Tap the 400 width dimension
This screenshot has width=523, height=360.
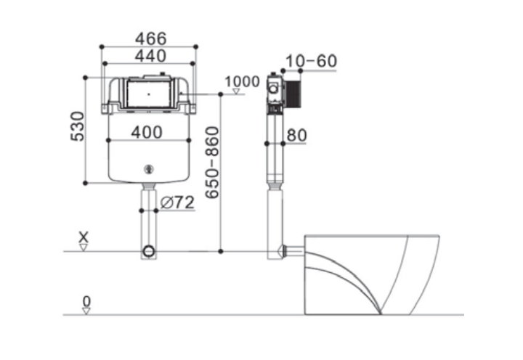[x=148, y=131]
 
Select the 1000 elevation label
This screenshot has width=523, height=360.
[x=242, y=81]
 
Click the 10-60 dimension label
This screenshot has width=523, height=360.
[x=311, y=61]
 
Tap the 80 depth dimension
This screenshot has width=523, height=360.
[x=296, y=134]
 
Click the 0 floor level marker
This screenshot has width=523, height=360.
[x=86, y=300]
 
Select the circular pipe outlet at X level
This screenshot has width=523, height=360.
[x=149, y=252]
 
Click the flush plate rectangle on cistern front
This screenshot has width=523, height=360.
[x=149, y=94]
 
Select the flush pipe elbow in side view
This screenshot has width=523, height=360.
[x=277, y=250]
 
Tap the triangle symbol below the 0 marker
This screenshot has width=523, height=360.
[x=86, y=311]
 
